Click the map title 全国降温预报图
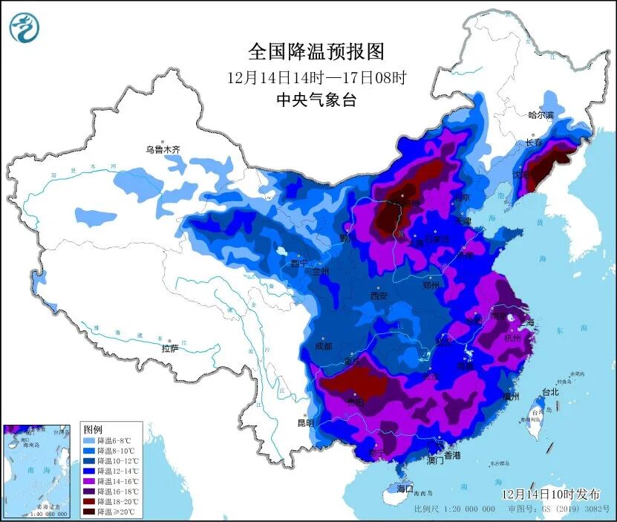(x=316, y=51)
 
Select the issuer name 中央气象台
(x=316, y=100)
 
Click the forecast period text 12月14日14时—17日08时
(x=316, y=76)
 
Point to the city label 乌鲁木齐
(x=163, y=149)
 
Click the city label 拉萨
(x=170, y=348)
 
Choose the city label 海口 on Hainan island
(x=404, y=489)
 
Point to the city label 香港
(x=451, y=454)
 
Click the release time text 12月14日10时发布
(x=548, y=493)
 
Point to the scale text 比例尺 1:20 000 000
(x=454, y=509)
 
